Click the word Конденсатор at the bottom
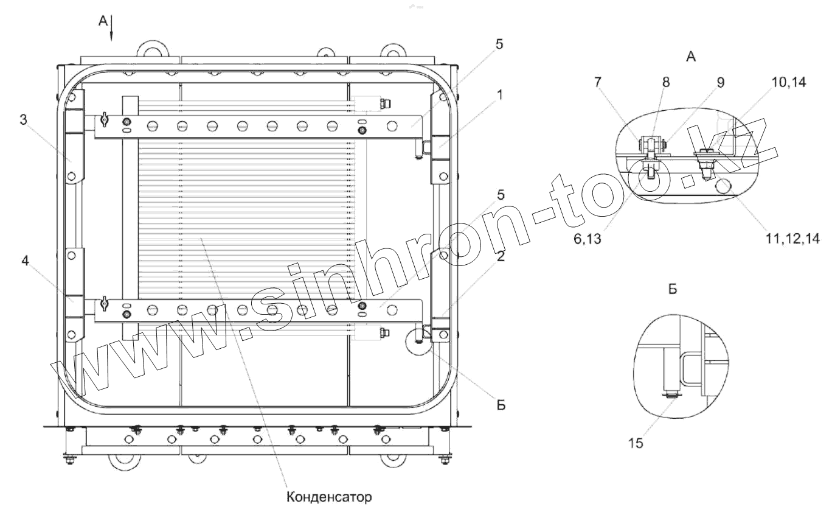[x=329, y=497]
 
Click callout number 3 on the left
[x=23, y=120]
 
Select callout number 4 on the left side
[x=25, y=261]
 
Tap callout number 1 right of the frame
[x=500, y=95]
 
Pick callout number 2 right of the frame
[x=501, y=256]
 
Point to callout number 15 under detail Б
[x=636, y=443]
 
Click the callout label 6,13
[x=588, y=239]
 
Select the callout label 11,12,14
[x=792, y=239]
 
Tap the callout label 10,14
[x=789, y=82]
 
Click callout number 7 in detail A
[x=597, y=82]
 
